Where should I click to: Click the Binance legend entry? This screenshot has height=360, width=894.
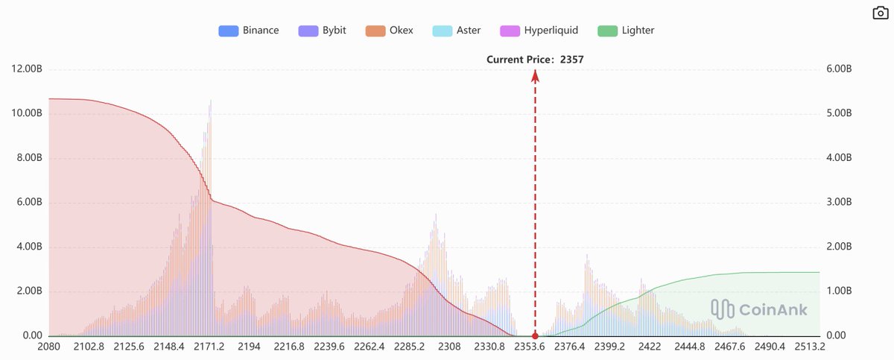pos(249,31)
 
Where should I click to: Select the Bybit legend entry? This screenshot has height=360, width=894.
pos(321,31)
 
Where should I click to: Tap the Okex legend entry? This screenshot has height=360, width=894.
pos(389,31)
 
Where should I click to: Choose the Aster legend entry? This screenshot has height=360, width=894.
pos(456,31)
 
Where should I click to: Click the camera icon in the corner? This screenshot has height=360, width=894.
pos(879,13)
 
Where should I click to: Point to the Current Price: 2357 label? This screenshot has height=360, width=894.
pos(535,59)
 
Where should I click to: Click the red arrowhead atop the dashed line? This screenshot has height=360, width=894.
pos(535,73)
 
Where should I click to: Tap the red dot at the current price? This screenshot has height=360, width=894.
pos(535,336)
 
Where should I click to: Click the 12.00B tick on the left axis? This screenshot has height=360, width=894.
pos(27,69)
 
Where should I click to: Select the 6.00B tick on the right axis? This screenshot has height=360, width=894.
pos(839,69)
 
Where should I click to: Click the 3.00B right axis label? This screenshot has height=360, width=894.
pos(839,203)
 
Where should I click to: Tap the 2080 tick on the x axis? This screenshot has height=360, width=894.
pos(48,347)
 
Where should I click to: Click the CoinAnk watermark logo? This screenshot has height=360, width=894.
pos(758,309)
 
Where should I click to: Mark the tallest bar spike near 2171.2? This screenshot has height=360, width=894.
pos(210,101)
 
